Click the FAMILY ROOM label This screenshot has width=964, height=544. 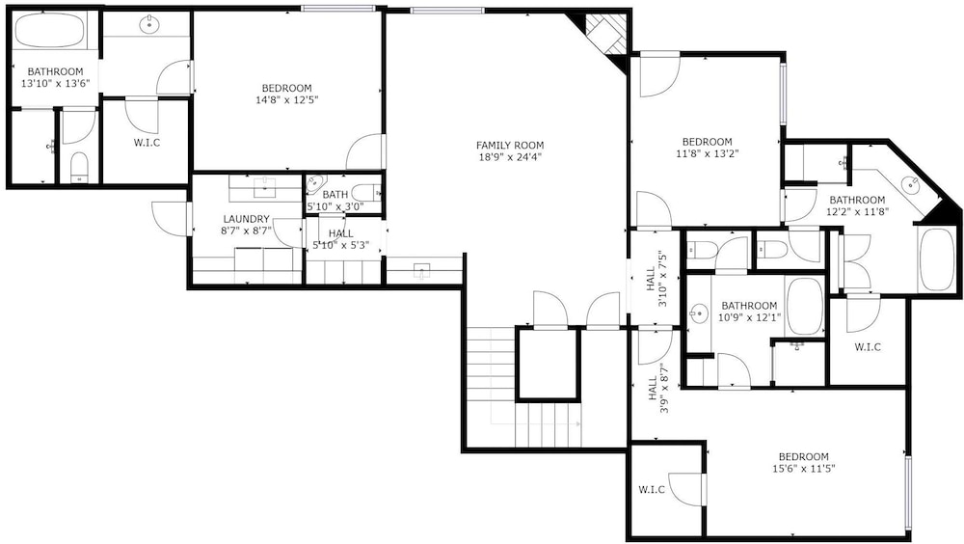[x=510, y=146]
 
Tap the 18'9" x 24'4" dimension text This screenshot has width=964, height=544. [x=510, y=156]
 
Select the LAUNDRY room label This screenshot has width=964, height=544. [x=246, y=219]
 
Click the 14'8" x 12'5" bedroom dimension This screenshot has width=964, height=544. [x=287, y=99]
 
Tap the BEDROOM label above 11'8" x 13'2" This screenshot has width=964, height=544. [x=707, y=142]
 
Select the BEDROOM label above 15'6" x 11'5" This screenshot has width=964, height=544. [x=804, y=456]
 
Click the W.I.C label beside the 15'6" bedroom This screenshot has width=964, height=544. [x=651, y=490]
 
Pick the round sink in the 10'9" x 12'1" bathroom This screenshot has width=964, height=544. [x=698, y=313]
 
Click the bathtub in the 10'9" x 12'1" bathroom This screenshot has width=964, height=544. [x=805, y=307]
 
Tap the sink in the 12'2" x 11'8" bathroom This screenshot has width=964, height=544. [x=909, y=183]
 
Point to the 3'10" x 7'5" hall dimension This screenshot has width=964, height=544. [x=663, y=278]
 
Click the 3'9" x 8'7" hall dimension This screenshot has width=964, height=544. [x=664, y=390]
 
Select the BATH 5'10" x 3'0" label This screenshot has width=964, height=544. [x=335, y=201]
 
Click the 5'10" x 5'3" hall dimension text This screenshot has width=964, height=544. [x=340, y=245]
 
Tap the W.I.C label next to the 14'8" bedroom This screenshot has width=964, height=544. [x=147, y=143]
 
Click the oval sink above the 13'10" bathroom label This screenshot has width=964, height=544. [x=149, y=25]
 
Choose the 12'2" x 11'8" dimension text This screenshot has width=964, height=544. [x=857, y=211]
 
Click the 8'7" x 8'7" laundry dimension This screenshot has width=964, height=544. [x=246, y=231]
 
